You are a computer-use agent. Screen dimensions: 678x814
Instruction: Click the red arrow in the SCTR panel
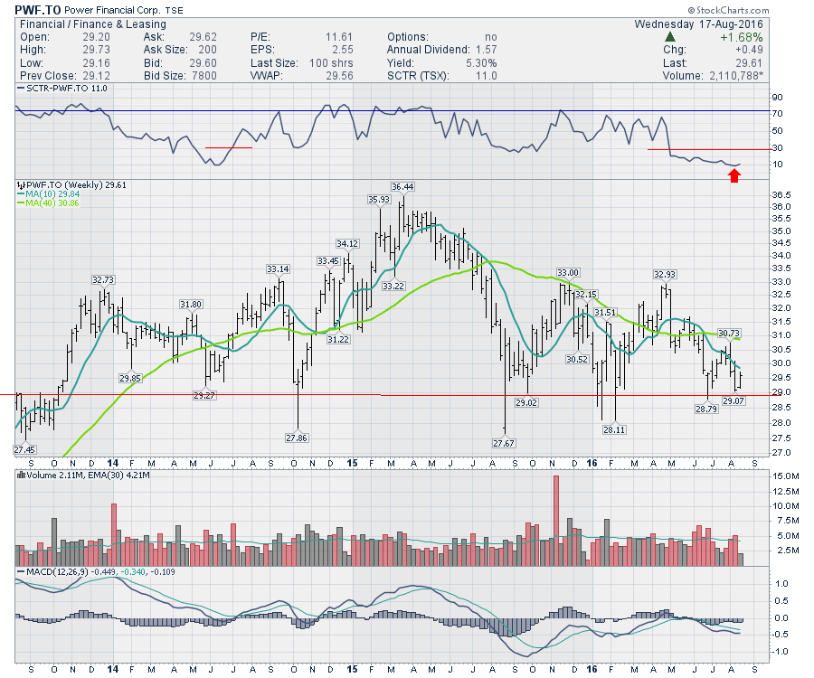[x=734, y=176]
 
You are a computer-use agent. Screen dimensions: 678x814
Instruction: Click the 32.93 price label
[x=666, y=274]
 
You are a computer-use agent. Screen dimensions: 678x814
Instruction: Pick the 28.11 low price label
[x=614, y=430]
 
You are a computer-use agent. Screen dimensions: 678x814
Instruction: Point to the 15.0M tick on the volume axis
[x=784, y=476]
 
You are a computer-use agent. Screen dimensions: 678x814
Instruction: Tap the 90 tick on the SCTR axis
[x=775, y=98]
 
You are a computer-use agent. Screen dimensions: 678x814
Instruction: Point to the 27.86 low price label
[x=297, y=438]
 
